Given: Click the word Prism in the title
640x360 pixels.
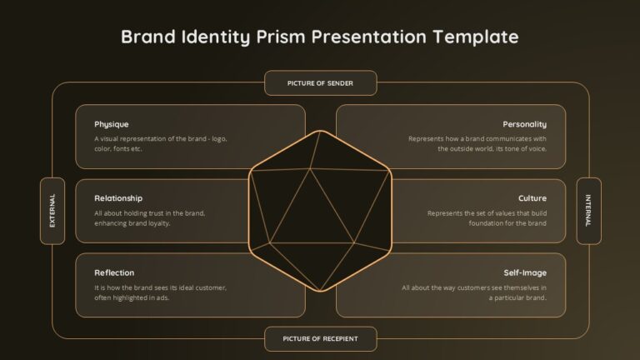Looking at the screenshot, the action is point(281,37).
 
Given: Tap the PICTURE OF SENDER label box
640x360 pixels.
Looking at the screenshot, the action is point(320,83).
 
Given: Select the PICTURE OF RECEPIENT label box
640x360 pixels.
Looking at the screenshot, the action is point(320,339).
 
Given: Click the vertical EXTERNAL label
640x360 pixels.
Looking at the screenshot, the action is point(52,211).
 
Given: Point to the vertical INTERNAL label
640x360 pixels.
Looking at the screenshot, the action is point(588,211).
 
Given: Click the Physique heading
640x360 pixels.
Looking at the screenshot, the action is point(112,124).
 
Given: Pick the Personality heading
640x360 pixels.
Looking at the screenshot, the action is point(524,124).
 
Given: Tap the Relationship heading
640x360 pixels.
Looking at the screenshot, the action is point(118,198).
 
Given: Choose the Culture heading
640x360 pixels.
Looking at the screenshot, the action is point(532,198).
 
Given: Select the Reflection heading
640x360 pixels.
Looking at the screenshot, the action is point(114,272).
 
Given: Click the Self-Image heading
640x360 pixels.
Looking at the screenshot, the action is point(525,273).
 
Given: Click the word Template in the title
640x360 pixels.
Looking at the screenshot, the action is point(476,37).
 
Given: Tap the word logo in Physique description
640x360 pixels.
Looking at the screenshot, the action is point(219,139).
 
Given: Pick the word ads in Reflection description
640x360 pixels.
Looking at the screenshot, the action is point(162,298).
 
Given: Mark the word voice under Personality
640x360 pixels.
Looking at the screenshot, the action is point(537,149).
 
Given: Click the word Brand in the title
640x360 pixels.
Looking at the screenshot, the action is point(148,37).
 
